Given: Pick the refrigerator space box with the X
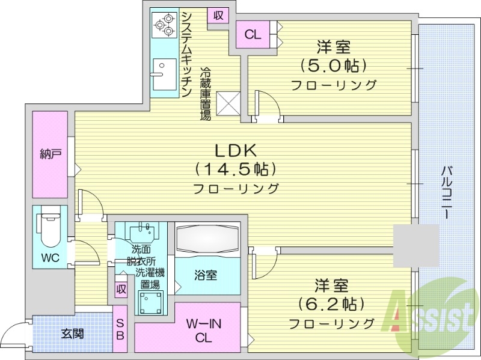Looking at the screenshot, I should point(230,102).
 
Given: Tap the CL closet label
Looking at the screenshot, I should point(253,34).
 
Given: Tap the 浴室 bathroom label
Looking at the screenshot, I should point(206,275).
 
